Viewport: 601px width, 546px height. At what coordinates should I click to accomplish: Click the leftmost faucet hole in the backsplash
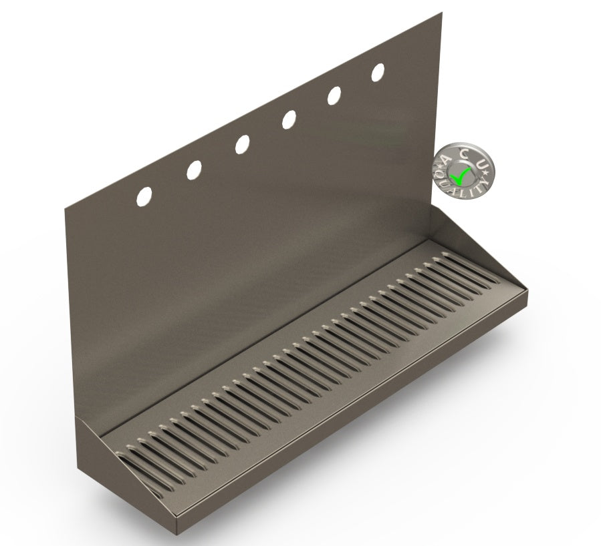[x=144, y=195]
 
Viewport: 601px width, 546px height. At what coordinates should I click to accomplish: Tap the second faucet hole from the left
[x=193, y=170]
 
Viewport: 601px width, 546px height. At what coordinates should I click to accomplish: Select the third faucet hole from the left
[x=242, y=144]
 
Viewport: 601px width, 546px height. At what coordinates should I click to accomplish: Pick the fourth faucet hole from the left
[x=289, y=119]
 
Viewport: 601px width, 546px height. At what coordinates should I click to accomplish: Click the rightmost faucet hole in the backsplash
[x=378, y=72]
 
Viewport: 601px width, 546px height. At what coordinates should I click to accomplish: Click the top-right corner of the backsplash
[x=441, y=13]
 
